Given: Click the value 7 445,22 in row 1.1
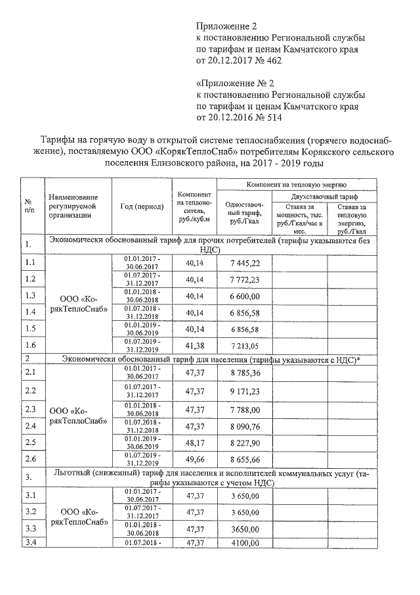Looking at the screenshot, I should (x=246, y=263).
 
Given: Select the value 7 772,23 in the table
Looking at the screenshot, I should (x=246, y=279).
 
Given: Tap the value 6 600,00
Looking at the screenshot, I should (x=246, y=296).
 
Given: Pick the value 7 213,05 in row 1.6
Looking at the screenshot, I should (x=246, y=345).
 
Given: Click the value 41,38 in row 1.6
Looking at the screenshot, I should (x=196, y=345).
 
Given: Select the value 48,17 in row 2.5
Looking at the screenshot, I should (x=196, y=442).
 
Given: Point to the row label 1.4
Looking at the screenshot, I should (x=30, y=312).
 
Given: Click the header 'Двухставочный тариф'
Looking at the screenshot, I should (x=324, y=196).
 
